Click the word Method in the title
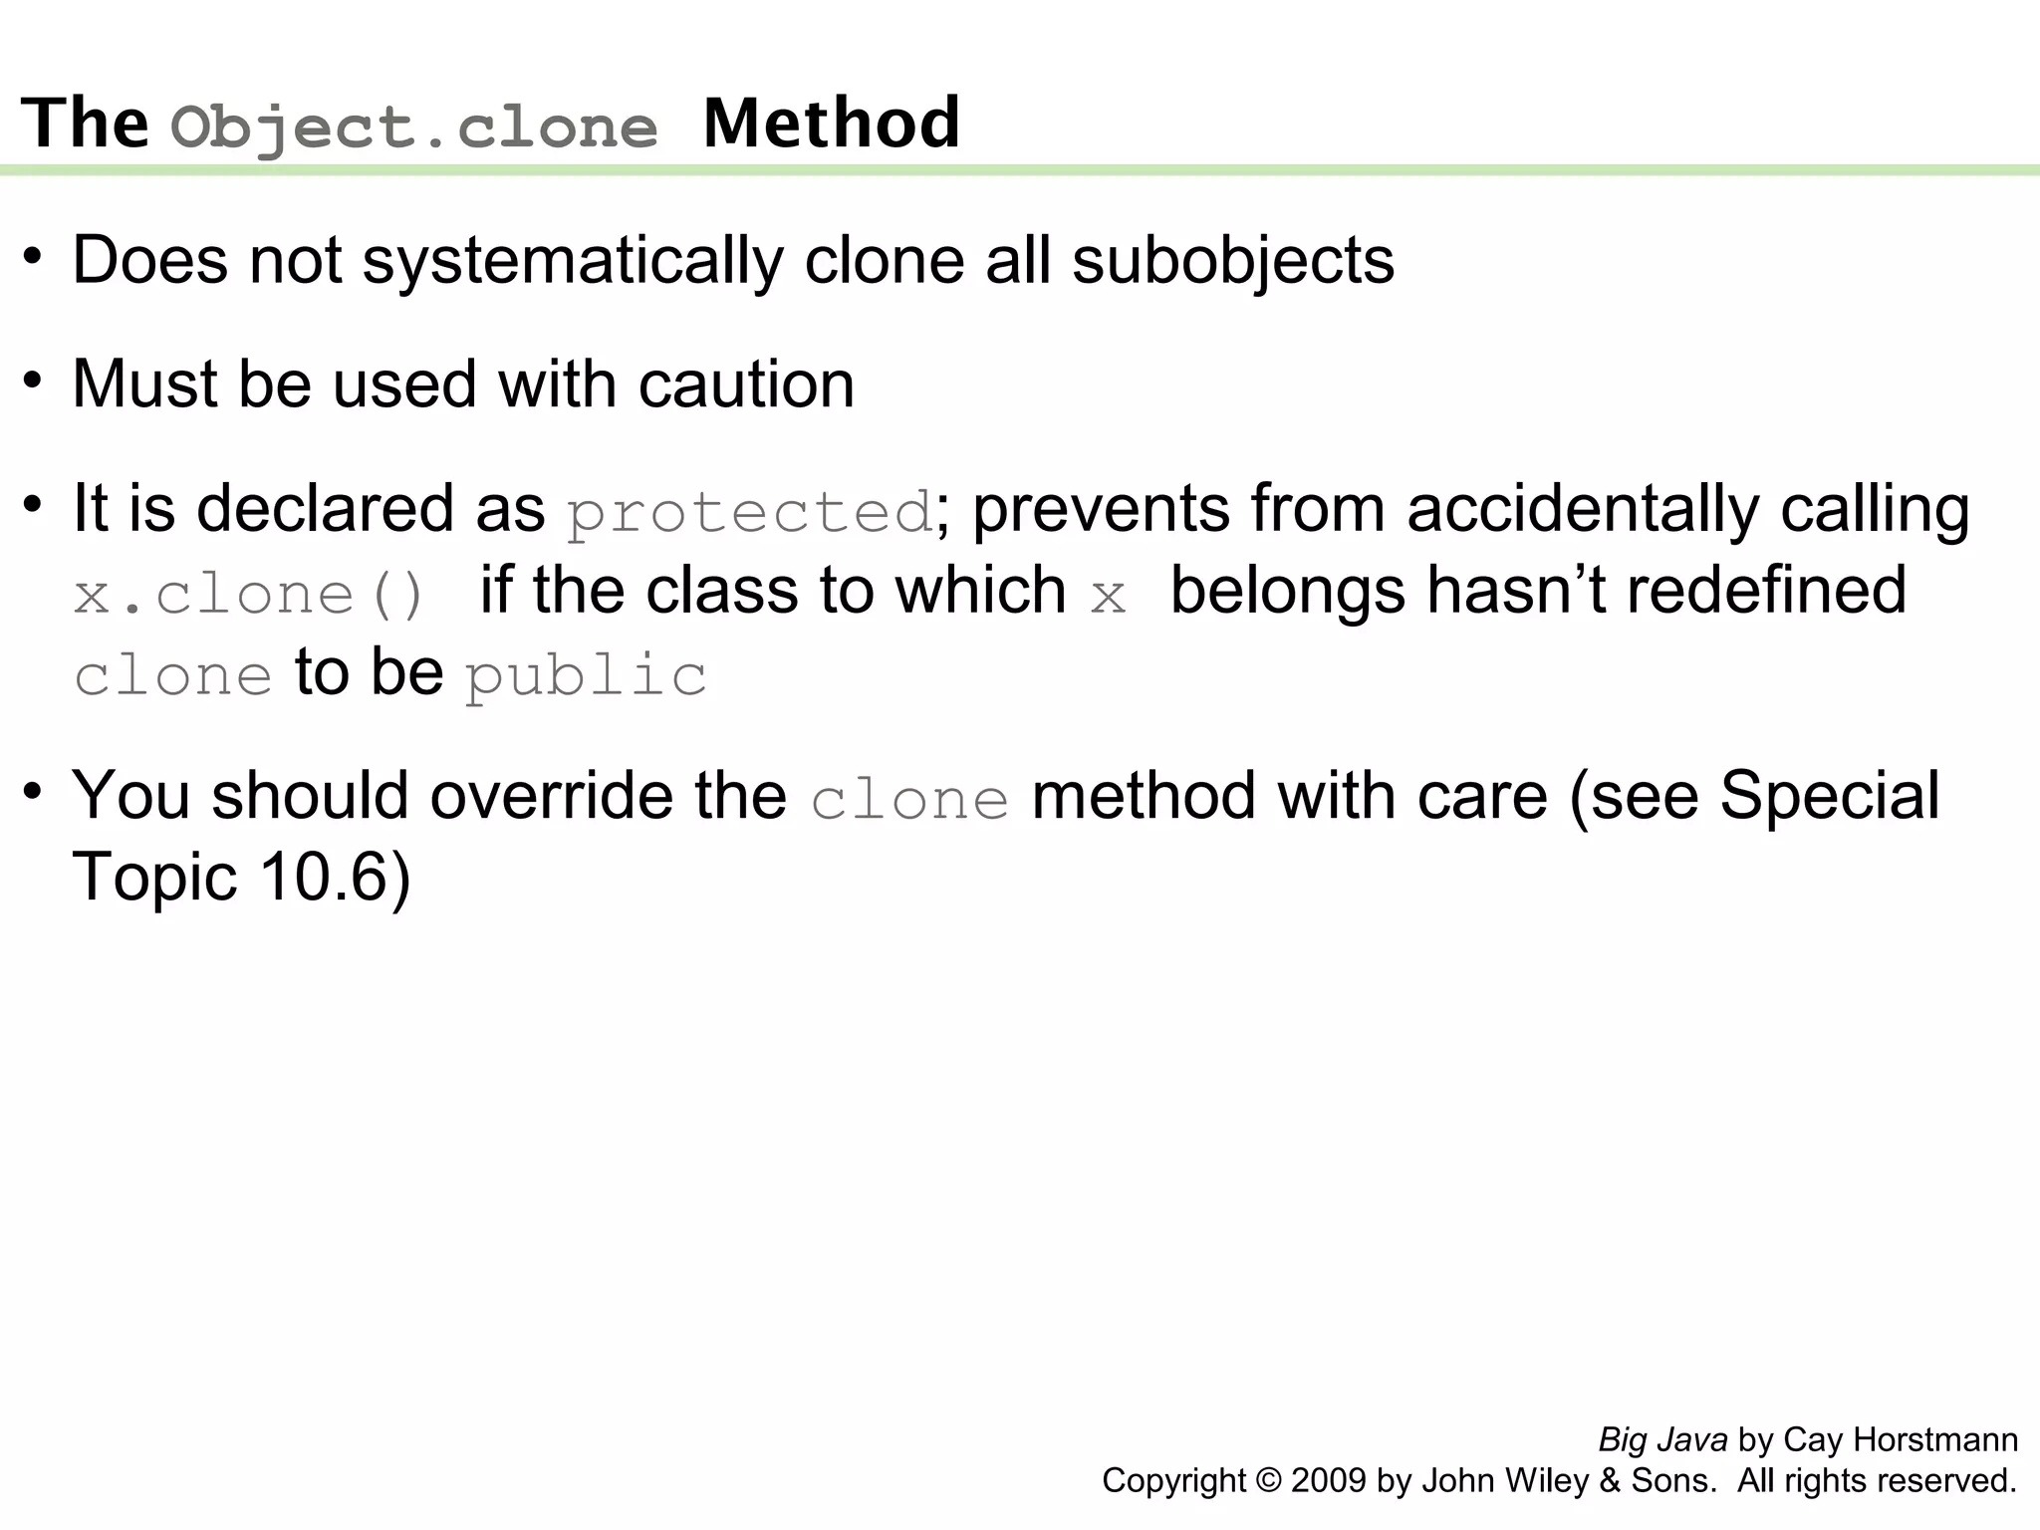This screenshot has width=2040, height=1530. point(832,124)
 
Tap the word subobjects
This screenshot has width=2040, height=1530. point(1233,261)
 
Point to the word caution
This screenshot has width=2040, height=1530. point(746,384)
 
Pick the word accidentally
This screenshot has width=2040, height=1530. point(1583,509)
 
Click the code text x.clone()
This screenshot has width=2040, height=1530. point(250,595)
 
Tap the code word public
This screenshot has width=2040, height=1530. point(587,676)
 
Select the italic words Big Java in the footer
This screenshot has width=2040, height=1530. point(1662,1440)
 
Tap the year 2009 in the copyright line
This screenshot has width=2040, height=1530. point(1329,1481)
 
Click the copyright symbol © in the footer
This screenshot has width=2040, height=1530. point(1269,1481)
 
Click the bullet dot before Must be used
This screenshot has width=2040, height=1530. point(33,381)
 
